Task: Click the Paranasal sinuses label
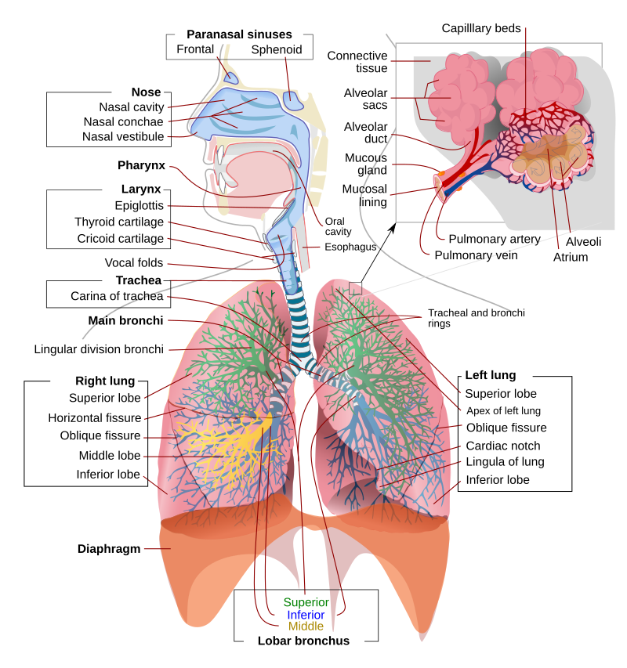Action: click(239, 34)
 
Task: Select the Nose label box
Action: click(138, 92)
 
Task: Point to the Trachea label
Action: click(133, 280)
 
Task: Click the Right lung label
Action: click(95, 381)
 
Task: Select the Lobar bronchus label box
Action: click(304, 641)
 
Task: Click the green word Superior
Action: click(306, 602)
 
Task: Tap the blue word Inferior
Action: click(306, 615)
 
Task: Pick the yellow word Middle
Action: click(306, 626)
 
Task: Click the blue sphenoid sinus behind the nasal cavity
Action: click(294, 100)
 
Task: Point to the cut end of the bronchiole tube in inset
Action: click(440, 187)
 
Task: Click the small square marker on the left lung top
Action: click(356, 288)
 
